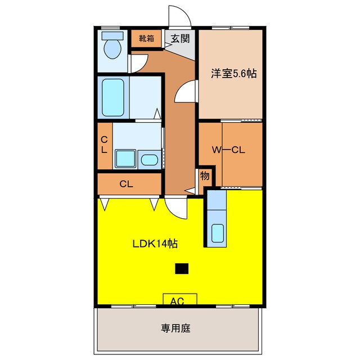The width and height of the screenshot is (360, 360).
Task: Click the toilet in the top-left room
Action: click(112, 47)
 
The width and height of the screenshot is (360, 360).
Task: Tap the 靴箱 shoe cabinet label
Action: click(146, 39)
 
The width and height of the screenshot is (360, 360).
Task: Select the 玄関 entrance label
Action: click(181, 39)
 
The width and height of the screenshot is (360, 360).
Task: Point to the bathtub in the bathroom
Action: click(113, 97)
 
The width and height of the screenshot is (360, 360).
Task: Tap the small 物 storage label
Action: click(205, 176)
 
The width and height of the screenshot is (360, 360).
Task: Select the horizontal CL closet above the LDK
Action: click(126, 183)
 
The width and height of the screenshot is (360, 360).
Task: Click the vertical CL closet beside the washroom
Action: click(105, 145)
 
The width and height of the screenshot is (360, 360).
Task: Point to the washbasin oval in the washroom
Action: click(149, 160)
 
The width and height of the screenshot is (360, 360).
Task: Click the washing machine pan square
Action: click(125, 159)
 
